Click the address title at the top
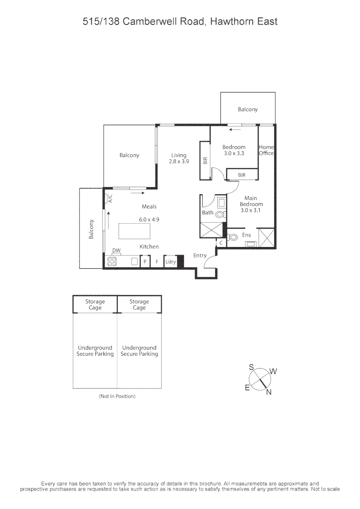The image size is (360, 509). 180,21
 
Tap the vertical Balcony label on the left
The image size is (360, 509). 91,229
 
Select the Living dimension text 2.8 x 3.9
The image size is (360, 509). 179,161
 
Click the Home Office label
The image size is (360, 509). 266,150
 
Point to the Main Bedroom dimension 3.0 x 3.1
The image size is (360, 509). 251,211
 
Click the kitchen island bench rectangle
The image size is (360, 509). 135,231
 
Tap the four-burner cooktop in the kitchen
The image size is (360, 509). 112,262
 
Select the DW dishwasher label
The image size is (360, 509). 116,250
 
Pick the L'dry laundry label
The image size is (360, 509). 170,262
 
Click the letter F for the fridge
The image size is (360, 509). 157,262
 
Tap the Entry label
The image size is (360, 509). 200,255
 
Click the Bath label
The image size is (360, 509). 208,213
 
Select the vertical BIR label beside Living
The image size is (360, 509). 205,160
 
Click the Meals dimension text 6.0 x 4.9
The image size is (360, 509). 149,219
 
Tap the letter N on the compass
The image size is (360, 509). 269,393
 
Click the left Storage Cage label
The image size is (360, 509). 95,304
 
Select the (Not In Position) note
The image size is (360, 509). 117,396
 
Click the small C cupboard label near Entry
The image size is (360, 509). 221,243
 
